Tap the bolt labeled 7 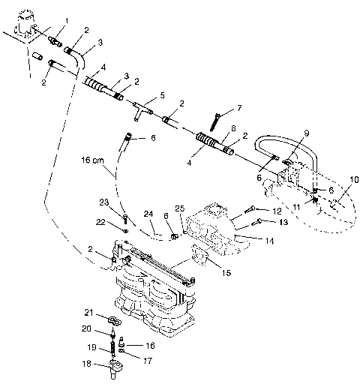click(x=215, y=118)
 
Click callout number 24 click(x=148, y=214)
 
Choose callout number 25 click(x=179, y=207)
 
